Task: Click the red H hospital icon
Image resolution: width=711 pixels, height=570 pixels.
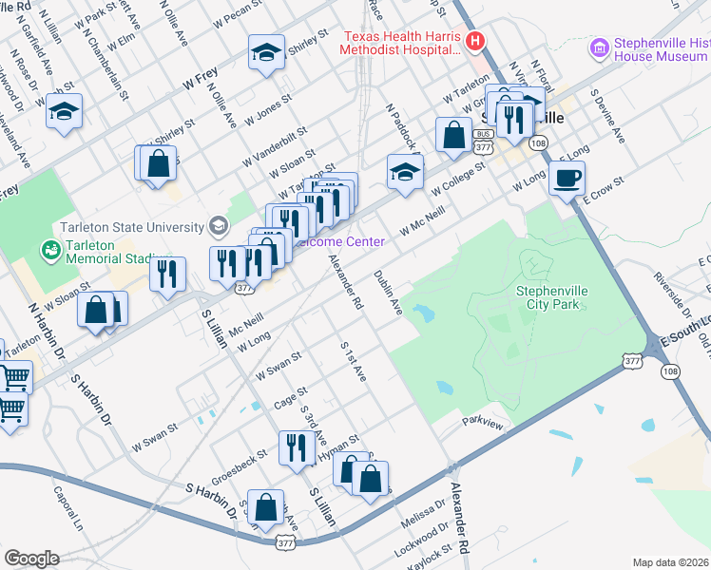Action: (x=476, y=42)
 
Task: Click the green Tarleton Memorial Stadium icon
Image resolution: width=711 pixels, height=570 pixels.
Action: (x=48, y=251)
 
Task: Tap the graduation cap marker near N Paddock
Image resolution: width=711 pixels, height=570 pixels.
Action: (x=405, y=172)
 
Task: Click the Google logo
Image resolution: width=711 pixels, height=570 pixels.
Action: (x=31, y=559)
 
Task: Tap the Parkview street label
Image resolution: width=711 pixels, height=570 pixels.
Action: (x=481, y=420)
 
